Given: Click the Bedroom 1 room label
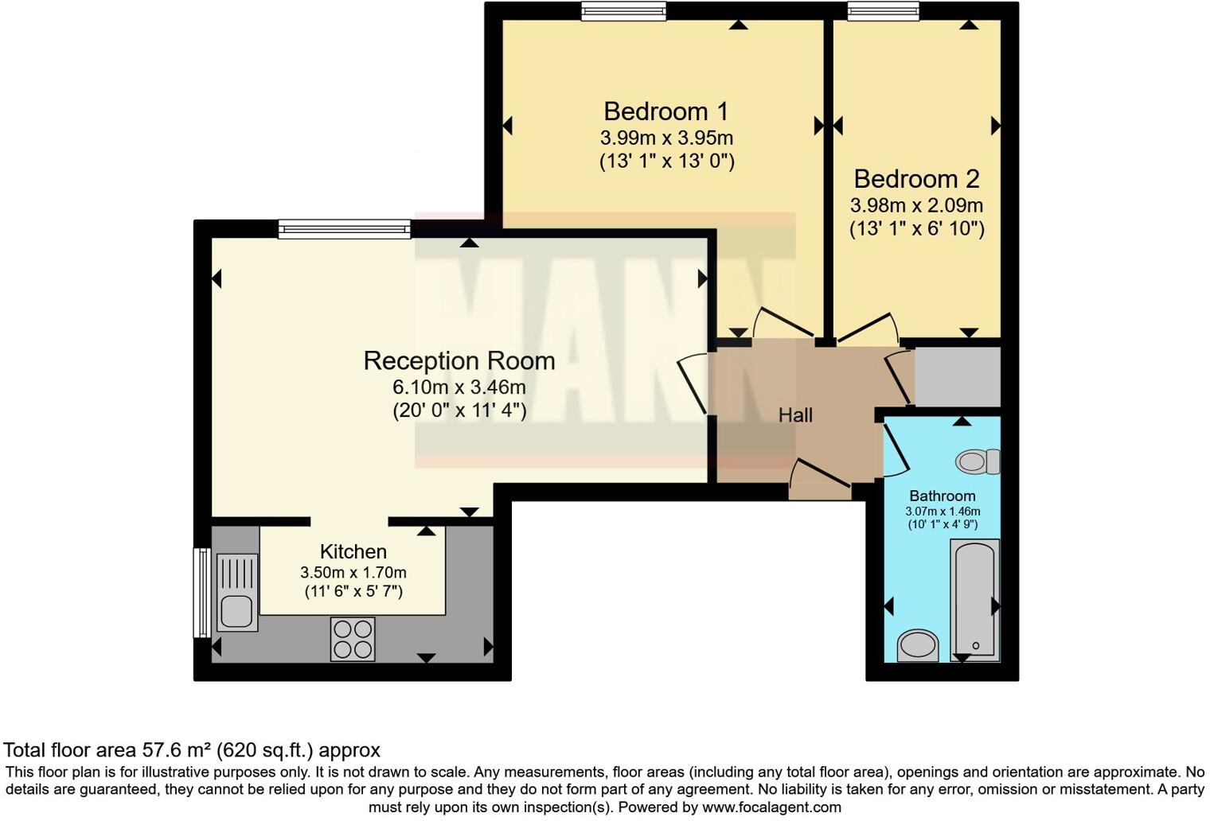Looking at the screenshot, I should [x=665, y=111].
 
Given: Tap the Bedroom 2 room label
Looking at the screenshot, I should [x=916, y=179].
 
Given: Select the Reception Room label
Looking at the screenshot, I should [x=459, y=361].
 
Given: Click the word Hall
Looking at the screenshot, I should [x=795, y=415].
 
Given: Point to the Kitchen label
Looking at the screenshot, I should [x=353, y=551].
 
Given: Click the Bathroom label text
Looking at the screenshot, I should [x=942, y=496].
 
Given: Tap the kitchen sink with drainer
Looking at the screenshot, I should [x=236, y=592].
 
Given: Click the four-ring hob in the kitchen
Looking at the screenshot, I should [x=353, y=639].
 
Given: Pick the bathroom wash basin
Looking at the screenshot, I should [x=918, y=645].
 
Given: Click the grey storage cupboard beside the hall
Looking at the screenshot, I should [x=957, y=376].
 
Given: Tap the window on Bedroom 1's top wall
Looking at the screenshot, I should [x=623, y=11].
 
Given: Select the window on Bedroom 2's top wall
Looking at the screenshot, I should [x=883, y=11].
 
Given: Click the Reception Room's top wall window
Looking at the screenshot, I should [x=344, y=230].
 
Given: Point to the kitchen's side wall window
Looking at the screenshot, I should [x=202, y=592].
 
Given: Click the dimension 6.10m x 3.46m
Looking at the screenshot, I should [x=459, y=387].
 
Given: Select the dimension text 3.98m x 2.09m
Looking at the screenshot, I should [x=916, y=205].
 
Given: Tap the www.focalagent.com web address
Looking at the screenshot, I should [x=771, y=807].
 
